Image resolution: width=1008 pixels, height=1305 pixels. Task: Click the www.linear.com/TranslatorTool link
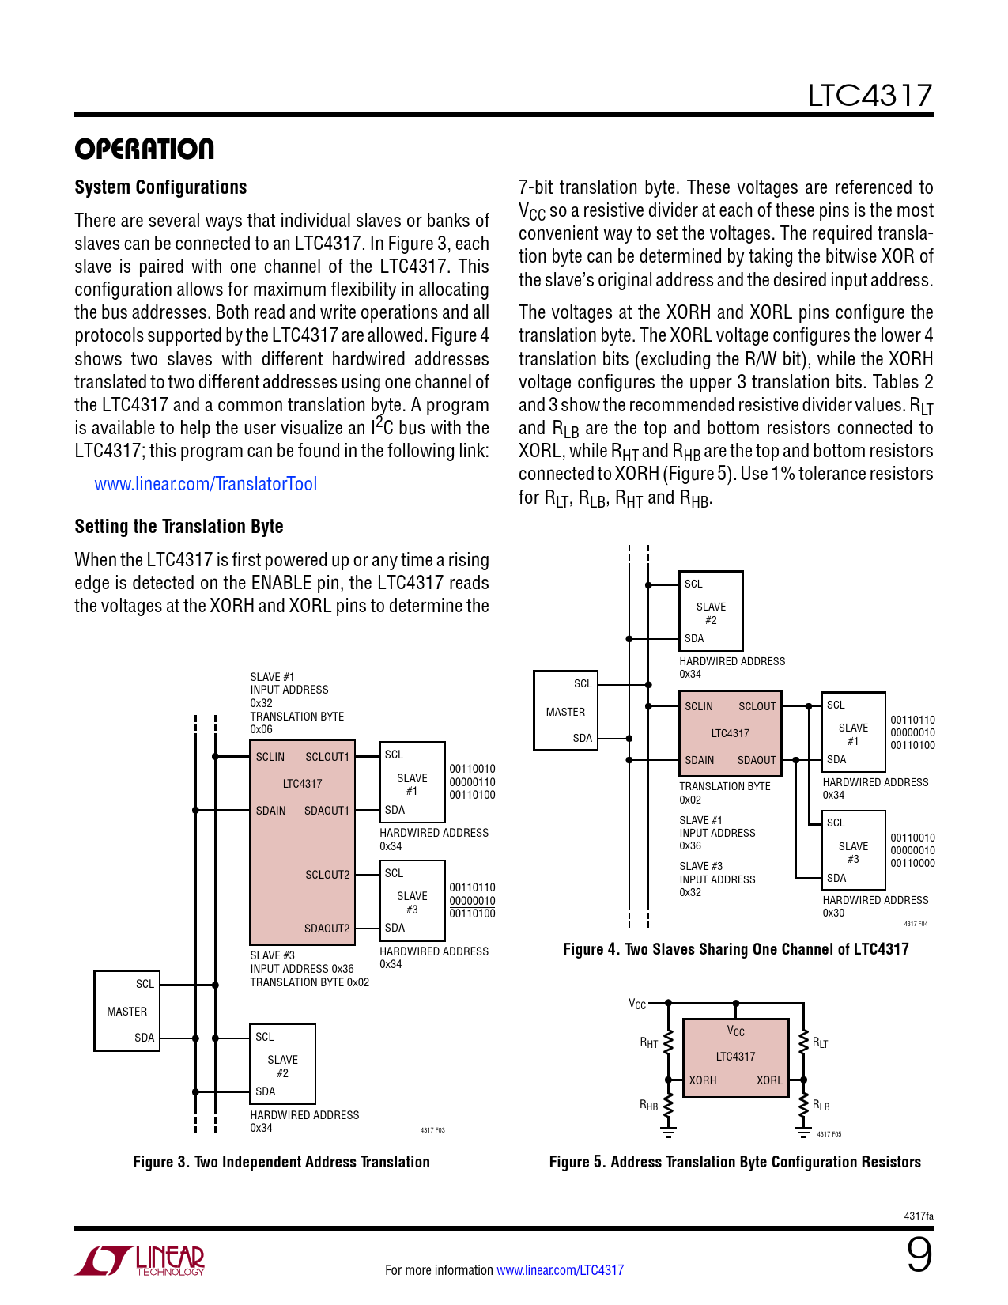coord(206,484)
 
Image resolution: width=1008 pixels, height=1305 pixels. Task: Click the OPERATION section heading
coord(144,149)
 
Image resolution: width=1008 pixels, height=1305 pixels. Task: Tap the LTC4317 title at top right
coord(870,96)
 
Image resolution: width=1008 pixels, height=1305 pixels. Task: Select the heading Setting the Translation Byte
coord(179,527)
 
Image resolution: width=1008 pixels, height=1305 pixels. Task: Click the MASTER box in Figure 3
coord(126,1011)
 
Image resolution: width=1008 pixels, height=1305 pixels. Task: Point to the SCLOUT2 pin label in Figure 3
coord(327,875)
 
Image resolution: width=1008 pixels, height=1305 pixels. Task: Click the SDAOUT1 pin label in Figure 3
coord(327,811)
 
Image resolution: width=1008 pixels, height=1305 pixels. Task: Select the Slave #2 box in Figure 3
coord(282,1065)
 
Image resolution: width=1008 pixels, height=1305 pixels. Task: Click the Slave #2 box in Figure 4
coord(711,611)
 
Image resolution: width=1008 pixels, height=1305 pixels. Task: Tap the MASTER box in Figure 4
coord(565,711)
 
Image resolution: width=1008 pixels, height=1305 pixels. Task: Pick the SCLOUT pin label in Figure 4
coord(757,706)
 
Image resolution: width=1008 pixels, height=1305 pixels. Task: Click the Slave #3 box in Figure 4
coord(853,850)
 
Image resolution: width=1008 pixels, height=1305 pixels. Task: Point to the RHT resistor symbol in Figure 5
coord(668,1042)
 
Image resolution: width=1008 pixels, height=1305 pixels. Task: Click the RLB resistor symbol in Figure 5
coord(803,1105)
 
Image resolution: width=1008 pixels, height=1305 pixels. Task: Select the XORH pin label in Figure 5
coord(703,1080)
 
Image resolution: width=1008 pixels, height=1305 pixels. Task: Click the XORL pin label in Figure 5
coord(769,1080)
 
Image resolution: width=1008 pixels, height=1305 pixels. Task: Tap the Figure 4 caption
coord(735,949)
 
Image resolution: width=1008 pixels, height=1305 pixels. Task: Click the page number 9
coord(919,1255)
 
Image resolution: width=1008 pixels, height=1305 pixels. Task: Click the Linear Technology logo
coord(141,1261)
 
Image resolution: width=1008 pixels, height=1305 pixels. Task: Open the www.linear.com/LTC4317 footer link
coord(560,1270)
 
